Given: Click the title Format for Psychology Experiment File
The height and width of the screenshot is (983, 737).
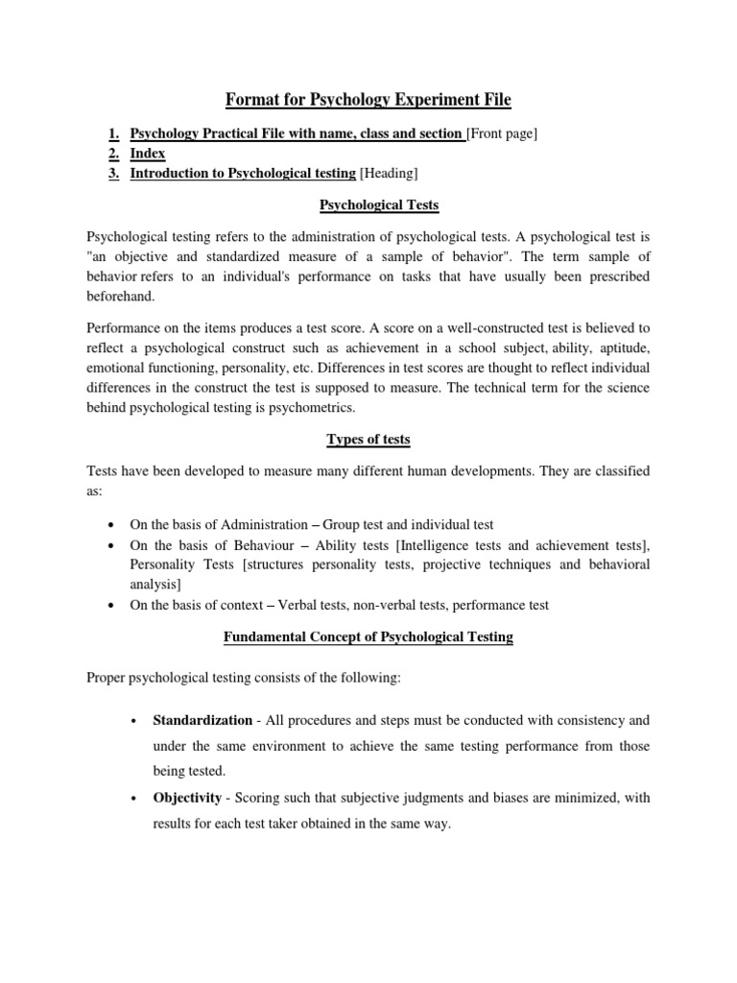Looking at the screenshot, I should [368, 99].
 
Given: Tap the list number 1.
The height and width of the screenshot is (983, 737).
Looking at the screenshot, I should [113, 134].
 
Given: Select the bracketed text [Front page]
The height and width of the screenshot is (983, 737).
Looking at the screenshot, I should [501, 134].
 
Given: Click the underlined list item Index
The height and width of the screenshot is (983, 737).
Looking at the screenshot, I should [148, 154].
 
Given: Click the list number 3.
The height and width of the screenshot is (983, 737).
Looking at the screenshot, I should [113, 173].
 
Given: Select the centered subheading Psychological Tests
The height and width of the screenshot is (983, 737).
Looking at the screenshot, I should [368, 204].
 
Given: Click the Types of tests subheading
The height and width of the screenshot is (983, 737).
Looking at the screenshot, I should [368, 440].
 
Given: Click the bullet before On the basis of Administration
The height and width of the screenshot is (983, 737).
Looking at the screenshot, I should [113, 525].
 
